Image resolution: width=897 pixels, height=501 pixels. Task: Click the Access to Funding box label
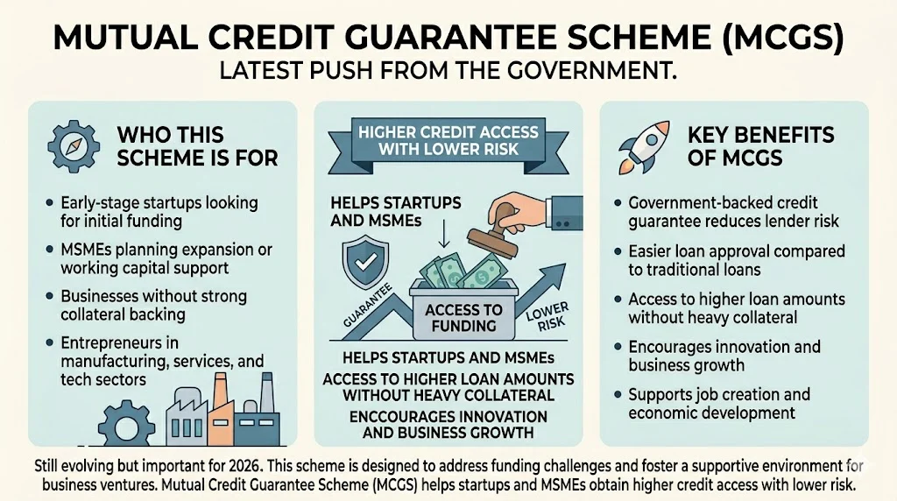[x=463, y=318]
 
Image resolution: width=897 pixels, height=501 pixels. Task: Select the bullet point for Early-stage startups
[x=47, y=203]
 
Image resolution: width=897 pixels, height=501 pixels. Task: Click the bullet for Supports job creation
[x=617, y=395]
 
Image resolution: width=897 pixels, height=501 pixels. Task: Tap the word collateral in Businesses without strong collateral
[x=95, y=314]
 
